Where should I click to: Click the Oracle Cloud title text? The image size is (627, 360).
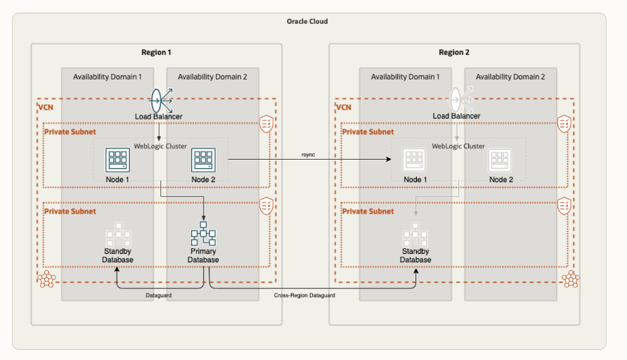(x=307, y=22)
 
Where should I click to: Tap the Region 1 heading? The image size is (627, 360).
(x=156, y=53)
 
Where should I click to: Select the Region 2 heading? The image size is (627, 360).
(x=454, y=53)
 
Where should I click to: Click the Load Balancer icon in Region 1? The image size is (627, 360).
(x=160, y=98)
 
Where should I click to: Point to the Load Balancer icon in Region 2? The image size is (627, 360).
(x=457, y=98)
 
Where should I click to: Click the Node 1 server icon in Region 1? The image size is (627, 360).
(x=117, y=161)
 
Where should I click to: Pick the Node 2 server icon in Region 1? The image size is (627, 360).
(x=203, y=161)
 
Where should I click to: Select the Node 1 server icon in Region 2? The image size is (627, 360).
(x=415, y=161)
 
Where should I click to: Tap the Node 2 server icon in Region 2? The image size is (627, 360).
(x=501, y=161)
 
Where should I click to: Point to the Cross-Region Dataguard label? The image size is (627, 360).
(x=304, y=296)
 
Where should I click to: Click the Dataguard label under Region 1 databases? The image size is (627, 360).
(x=160, y=296)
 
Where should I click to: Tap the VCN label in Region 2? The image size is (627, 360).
(x=344, y=108)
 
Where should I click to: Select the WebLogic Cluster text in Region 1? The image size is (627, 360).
(x=161, y=146)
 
